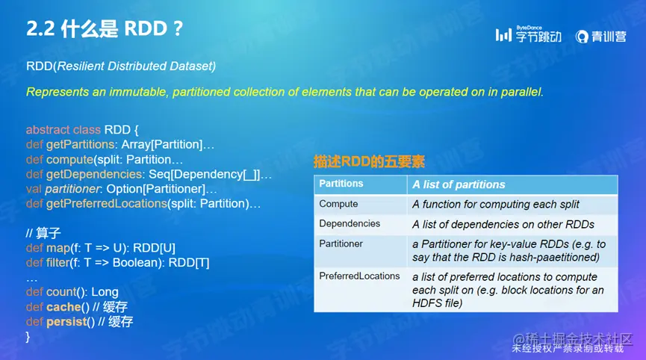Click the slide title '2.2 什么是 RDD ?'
click(x=105, y=29)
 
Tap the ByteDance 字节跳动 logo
click(x=528, y=34)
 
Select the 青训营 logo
click(x=600, y=37)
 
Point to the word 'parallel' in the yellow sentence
click(x=522, y=92)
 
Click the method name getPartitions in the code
click(x=81, y=145)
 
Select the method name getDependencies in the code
click(x=95, y=175)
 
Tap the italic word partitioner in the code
click(x=72, y=190)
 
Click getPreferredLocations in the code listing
click(x=106, y=204)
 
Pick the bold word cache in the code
click(x=64, y=307)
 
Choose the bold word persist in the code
click(x=66, y=322)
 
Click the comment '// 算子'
click(x=43, y=233)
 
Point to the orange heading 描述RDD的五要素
click(x=369, y=161)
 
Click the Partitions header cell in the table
click(x=341, y=184)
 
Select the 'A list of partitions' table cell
click(x=459, y=184)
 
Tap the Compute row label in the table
click(x=338, y=204)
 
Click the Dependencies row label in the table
click(x=350, y=223)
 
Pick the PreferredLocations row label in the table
click(x=360, y=276)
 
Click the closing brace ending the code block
click(x=28, y=337)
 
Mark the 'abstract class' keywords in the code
click(x=63, y=130)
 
